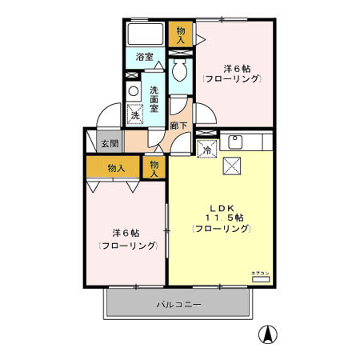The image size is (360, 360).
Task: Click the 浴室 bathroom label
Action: click(144, 57)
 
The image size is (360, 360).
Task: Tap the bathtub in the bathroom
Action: click(145, 34)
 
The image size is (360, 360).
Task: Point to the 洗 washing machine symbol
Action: click(134, 114)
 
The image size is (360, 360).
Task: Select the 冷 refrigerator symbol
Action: click(206, 148)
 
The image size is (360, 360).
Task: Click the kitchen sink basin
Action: click(236, 143)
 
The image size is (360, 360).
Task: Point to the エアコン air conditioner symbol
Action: click(261, 279)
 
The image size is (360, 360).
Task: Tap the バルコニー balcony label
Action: click(178, 305)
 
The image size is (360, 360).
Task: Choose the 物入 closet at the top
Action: click(181, 34)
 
